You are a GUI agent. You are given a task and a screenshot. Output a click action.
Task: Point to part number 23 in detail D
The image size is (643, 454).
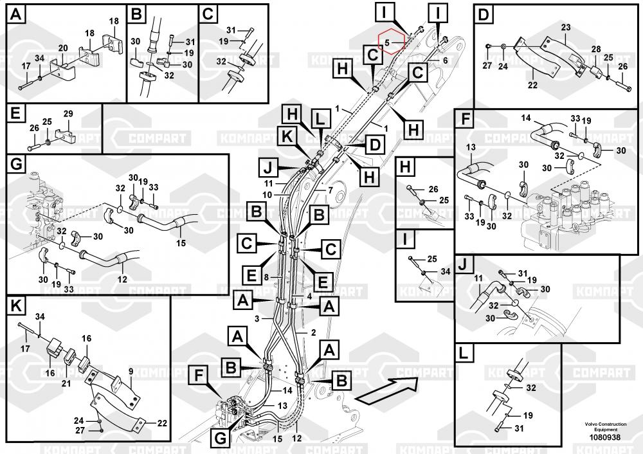[565, 27]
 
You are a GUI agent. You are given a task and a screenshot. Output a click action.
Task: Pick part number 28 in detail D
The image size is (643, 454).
[596, 50]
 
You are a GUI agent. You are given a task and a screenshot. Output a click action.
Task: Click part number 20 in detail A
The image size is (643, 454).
[63, 48]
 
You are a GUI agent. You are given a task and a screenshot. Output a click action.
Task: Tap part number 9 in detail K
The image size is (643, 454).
[131, 371]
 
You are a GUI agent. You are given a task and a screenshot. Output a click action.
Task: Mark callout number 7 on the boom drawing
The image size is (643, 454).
[330, 190]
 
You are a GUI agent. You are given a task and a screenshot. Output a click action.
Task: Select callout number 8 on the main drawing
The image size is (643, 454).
[266, 277]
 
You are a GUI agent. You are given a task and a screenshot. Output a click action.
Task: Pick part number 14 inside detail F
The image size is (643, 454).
[526, 118]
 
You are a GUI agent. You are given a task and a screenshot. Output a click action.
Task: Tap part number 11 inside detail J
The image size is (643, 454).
[478, 278]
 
